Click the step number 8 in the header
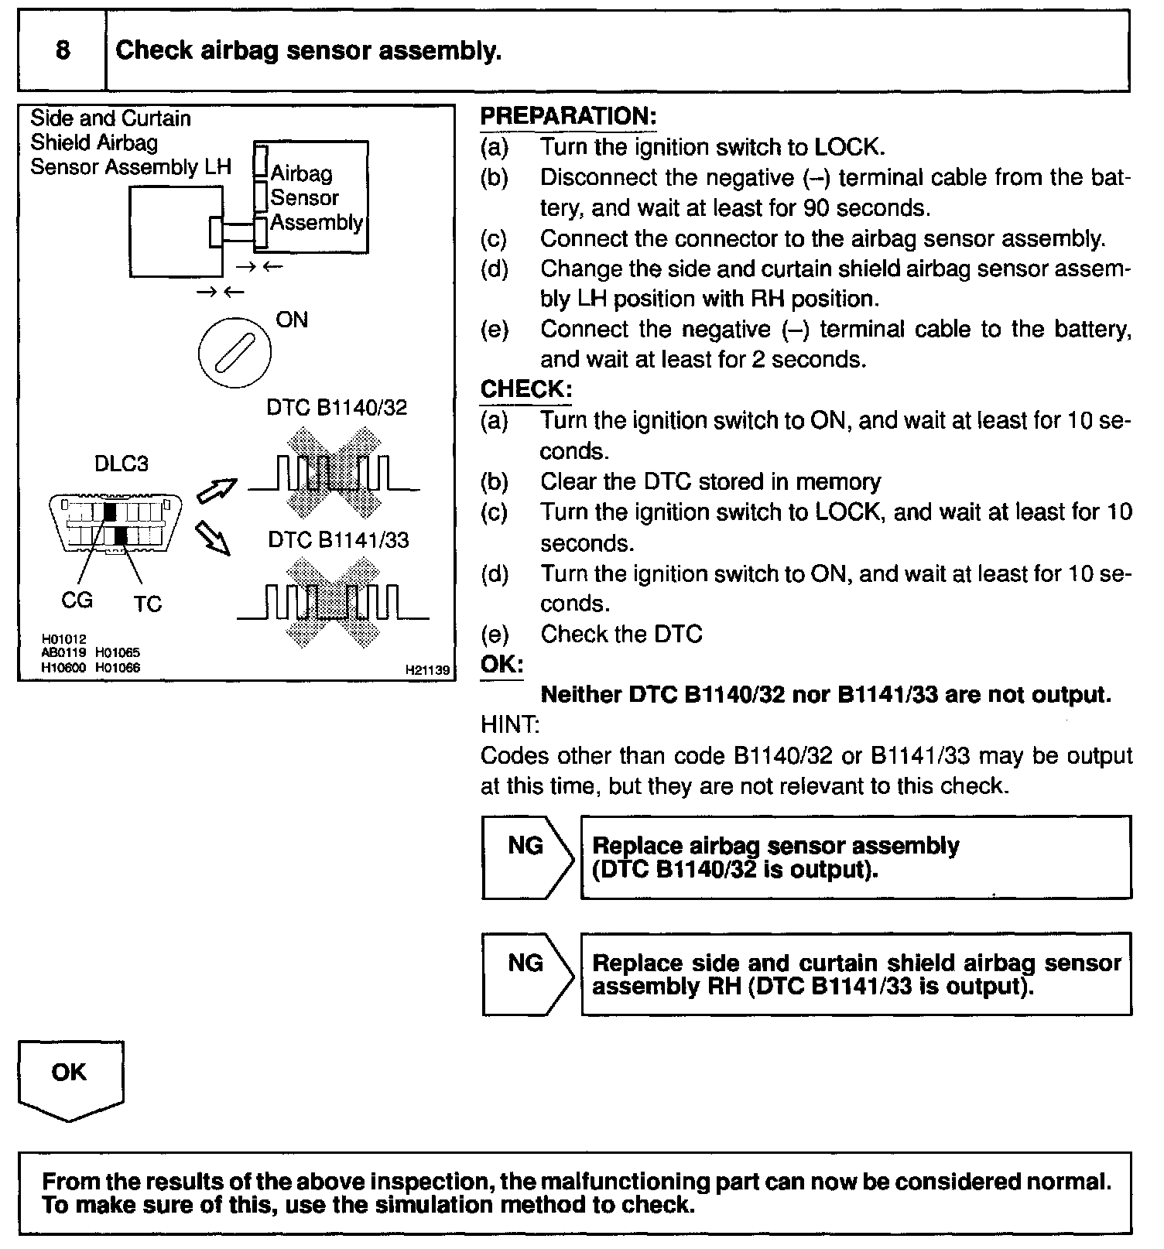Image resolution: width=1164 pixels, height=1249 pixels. tap(63, 50)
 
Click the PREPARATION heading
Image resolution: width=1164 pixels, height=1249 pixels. tap(568, 116)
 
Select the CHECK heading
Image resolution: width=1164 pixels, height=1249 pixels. tap(526, 389)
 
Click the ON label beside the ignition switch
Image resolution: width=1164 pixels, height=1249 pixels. tap(292, 320)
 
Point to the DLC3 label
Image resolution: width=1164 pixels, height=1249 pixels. tap(121, 464)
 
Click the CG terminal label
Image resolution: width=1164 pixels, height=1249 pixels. tap(77, 600)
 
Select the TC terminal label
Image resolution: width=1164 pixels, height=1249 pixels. tap(147, 604)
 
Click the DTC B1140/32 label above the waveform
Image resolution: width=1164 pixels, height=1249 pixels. tap(337, 408)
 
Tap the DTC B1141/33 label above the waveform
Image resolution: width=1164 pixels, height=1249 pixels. tap(338, 539)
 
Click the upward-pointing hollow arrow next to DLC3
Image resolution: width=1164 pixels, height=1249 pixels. tap(217, 489)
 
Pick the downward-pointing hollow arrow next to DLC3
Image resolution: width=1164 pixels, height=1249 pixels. tap(214, 537)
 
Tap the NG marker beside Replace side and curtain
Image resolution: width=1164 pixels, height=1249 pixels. tap(526, 963)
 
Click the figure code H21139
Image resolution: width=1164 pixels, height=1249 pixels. tap(427, 670)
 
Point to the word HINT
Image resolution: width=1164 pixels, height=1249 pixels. tap(509, 725)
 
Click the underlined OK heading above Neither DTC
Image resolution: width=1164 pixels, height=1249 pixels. tap(502, 665)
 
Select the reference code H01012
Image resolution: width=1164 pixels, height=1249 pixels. tap(64, 639)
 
